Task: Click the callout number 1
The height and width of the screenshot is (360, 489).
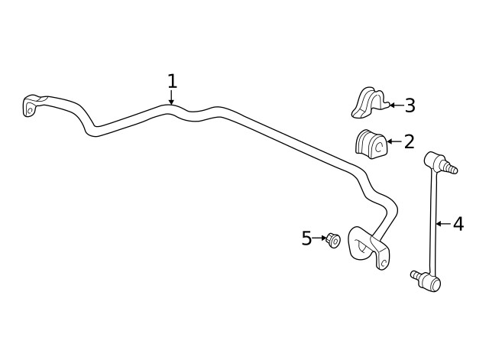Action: tap(172, 82)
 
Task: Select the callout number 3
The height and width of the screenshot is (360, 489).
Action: tap(410, 105)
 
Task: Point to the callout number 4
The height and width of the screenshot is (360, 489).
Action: tap(458, 224)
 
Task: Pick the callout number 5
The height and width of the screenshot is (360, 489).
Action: tap(306, 238)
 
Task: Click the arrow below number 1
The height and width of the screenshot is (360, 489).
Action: tap(171, 97)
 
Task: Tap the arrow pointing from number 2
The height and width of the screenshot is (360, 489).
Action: tap(394, 141)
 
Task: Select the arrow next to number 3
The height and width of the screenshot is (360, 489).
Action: tap(396, 105)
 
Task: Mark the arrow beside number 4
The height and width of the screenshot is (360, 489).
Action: tap(443, 224)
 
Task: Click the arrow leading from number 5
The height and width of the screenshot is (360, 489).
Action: tap(319, 238)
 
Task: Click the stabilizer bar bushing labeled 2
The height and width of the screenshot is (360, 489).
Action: tap(371, 144)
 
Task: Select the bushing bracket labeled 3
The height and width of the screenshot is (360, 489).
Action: tap(371, 102)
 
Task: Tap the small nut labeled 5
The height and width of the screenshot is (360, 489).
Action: tap(333, 240)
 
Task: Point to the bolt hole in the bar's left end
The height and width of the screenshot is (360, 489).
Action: tap(31, 111)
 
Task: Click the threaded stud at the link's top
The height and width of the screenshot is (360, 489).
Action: tap(450, 167)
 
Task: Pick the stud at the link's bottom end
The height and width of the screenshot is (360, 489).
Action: tap(416, 274)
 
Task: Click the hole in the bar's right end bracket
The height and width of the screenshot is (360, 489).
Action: tap(384, 262)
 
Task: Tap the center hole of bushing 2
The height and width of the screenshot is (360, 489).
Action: tap(380, 146)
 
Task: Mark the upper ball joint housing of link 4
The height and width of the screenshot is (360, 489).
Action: tap(434, 159)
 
